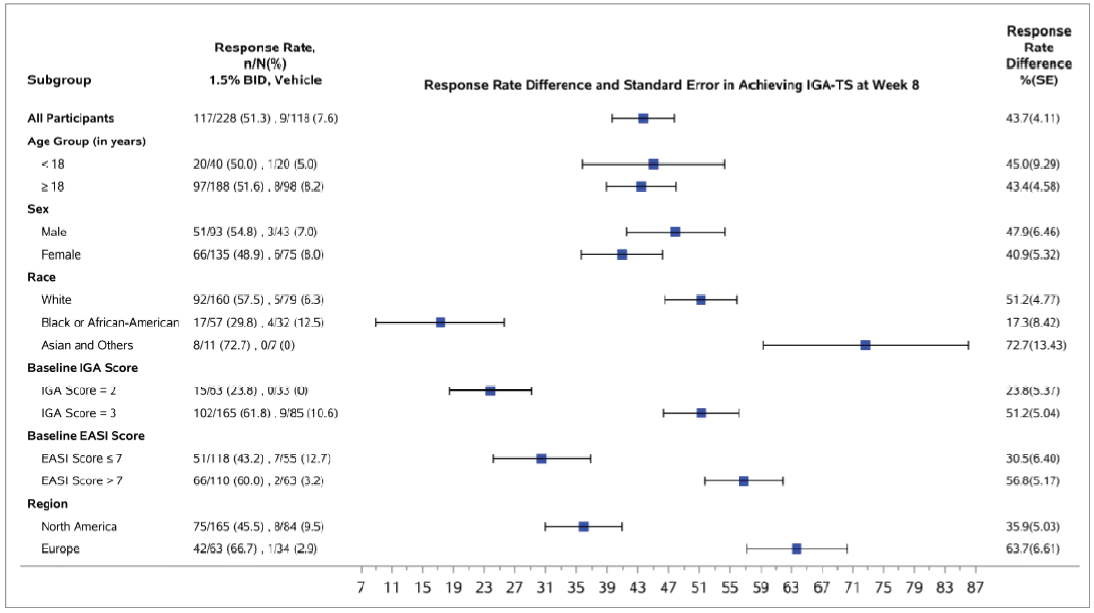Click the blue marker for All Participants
(643, 119)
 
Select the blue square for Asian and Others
(865, 345)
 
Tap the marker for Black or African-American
(441, 322)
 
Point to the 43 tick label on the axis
(637, 587)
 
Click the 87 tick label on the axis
(975, 587)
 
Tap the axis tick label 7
(361, 587)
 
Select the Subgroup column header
(59, 80)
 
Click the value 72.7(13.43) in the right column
(1035, 345)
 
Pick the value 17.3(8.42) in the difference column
(1032, 322)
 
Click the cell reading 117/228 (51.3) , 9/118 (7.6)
(265, 119)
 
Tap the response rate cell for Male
(255, 232)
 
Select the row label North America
(79, 526)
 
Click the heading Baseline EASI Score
(86, 436)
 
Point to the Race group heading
(42, 277)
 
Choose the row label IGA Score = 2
(78, 390)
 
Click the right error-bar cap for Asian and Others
(968, 345)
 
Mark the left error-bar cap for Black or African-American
(376, 322)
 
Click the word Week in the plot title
(889, 85)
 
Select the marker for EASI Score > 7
(744, 481)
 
